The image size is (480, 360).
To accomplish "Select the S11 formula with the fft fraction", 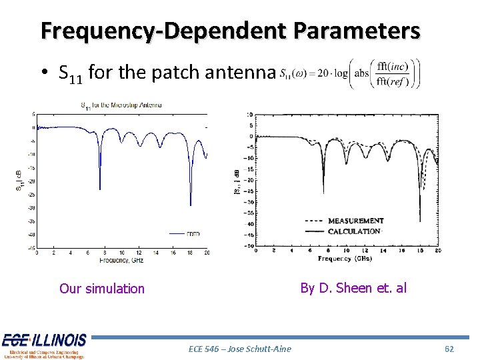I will click(351, 73).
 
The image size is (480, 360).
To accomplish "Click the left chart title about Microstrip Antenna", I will click(121, 105).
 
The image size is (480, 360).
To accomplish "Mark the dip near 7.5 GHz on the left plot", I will click(100, 188).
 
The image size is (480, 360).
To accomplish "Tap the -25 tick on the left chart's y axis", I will click(31, 194).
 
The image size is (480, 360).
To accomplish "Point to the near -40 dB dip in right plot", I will click(420, 220).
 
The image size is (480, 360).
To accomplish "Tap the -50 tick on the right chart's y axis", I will click(249, 246).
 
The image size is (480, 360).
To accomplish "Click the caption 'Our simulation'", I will click(101, 289).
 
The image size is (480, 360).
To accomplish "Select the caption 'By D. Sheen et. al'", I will click(353, 288).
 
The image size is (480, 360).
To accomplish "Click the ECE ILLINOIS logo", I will click(44, 345).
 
